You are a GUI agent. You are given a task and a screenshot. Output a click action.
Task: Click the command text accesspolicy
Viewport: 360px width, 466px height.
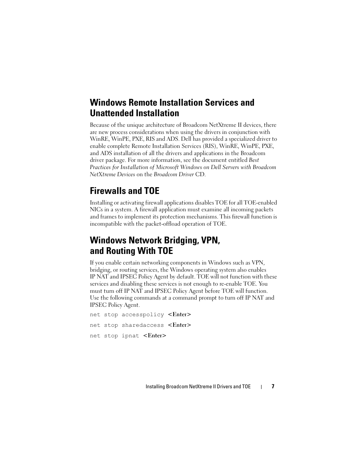coord(143,315)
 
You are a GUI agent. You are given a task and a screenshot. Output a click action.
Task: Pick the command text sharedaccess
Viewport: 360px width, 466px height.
coord(143,325)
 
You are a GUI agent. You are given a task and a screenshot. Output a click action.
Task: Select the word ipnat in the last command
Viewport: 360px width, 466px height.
coord(130,336)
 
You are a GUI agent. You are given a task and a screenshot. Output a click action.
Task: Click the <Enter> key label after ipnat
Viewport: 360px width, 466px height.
coord(155,336)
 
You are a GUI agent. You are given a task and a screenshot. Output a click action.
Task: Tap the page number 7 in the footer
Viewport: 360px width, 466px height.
coord(273,386)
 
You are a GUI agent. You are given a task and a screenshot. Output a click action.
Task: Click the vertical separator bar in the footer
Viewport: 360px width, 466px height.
coord(262,387)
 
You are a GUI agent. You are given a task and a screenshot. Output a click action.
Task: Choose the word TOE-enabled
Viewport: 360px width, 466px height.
coord(260,203)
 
